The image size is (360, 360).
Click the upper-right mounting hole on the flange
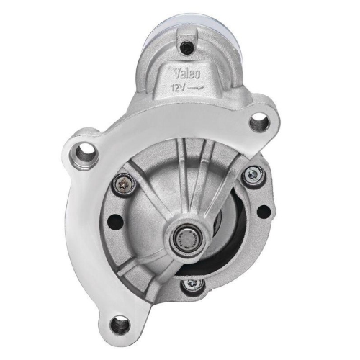[x=259, y=122]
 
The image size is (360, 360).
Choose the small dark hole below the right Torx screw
[x=263, y=211]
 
